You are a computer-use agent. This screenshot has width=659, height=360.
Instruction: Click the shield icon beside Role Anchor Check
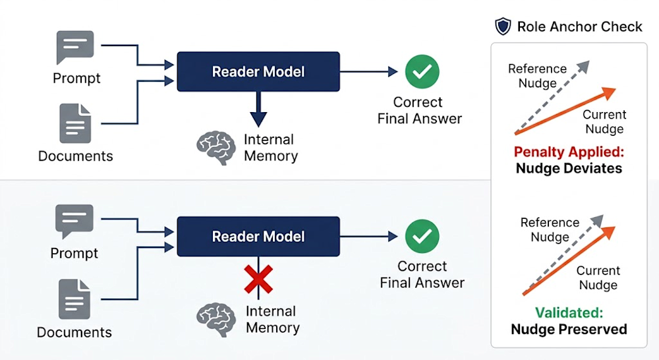503,26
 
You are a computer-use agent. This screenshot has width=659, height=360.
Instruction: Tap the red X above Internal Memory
258,279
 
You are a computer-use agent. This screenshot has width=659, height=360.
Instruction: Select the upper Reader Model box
258,71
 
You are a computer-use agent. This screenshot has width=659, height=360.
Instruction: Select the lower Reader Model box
258,236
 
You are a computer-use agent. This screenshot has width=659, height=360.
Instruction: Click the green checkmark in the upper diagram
422,71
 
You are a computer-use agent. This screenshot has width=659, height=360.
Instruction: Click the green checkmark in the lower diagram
422,236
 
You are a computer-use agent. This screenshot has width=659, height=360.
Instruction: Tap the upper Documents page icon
76,124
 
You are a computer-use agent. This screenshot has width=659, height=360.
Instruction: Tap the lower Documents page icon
74,299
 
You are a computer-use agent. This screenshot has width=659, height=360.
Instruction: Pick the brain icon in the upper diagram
216,148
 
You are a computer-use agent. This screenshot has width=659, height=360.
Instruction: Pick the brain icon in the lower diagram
216,320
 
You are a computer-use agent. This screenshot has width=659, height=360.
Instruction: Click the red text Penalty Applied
569,152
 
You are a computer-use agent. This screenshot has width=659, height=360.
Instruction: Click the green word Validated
569,313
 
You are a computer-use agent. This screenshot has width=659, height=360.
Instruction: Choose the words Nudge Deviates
569,168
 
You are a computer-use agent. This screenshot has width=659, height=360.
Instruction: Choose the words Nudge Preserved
569,329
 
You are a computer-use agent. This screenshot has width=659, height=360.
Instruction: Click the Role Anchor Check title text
579,26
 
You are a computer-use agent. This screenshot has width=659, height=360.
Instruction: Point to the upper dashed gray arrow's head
583,67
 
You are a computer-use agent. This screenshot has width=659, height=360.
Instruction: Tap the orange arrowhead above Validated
608,232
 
